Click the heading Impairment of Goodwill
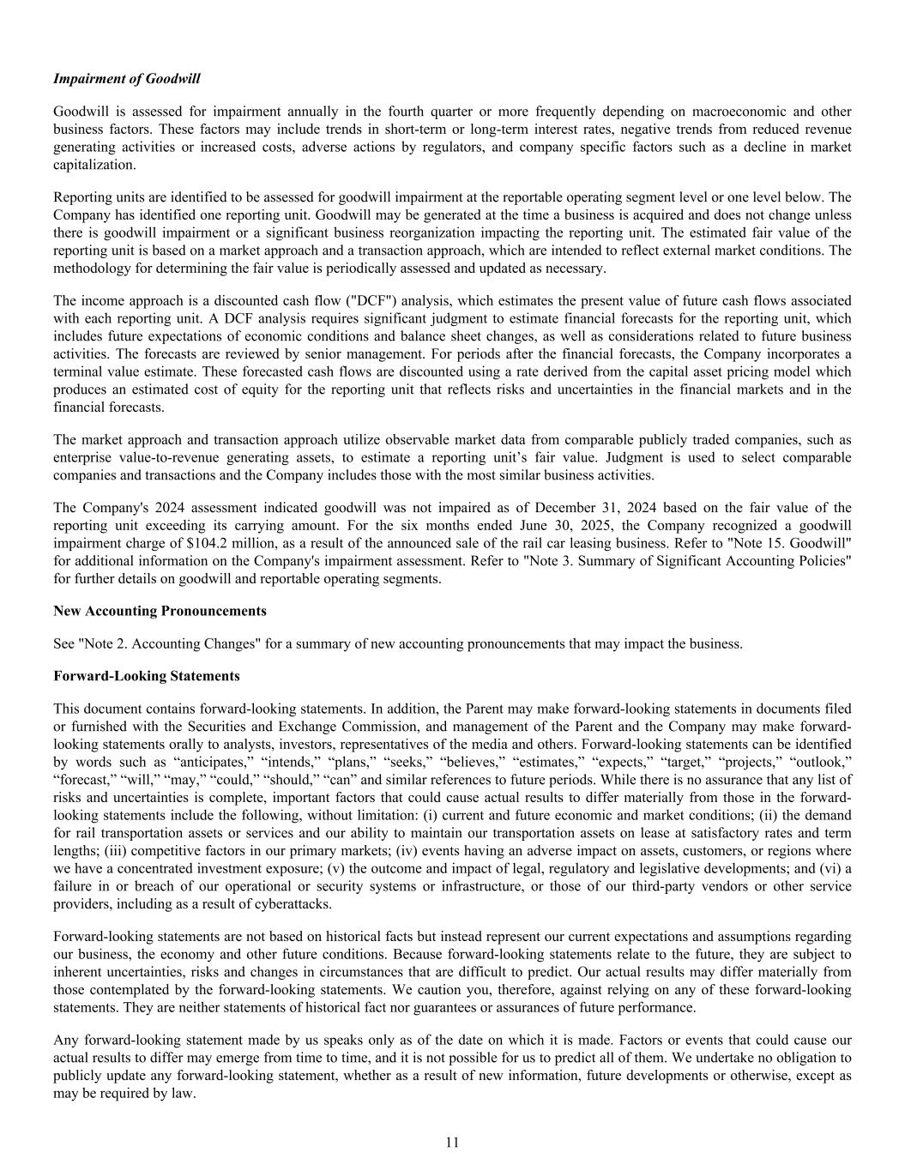tap(126, 79)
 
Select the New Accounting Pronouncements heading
tap(160, 611)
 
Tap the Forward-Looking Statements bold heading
tap(146, 676)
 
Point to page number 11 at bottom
tap(452, 1142)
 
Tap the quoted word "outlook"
tap(821, 762)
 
